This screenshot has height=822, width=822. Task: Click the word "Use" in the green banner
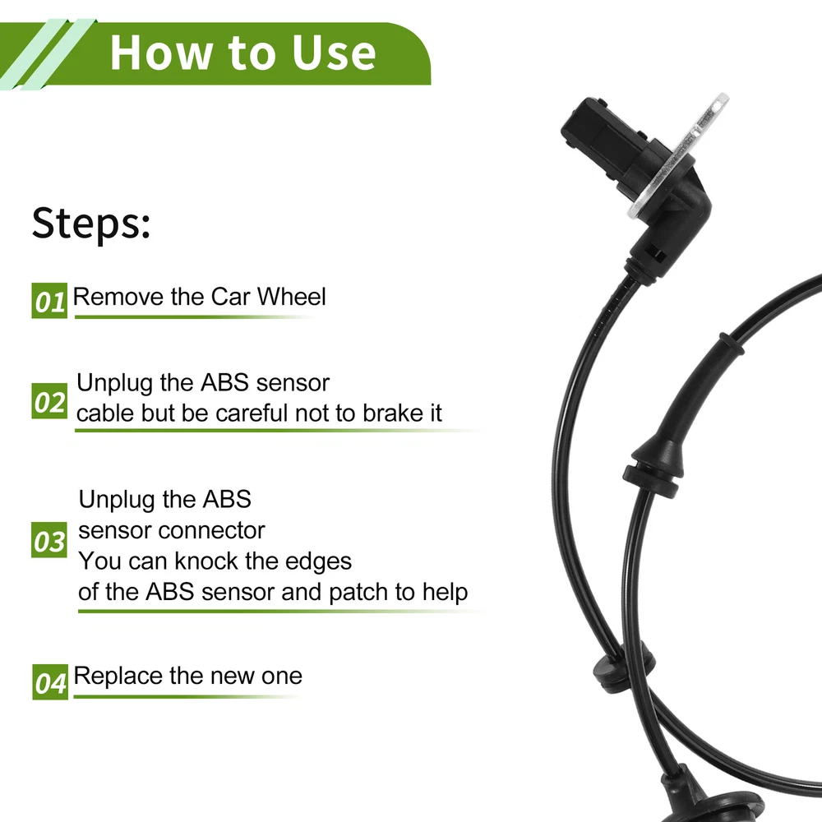click(334, 53)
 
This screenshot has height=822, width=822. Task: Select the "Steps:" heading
click(91, 224)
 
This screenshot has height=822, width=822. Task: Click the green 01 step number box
click(49, 300)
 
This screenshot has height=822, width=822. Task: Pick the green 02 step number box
click(49, 401)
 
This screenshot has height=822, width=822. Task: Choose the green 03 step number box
click(49, 540)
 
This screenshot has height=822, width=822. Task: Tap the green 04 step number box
click(50, 681)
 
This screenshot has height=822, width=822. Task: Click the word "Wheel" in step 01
click(292, 297)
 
